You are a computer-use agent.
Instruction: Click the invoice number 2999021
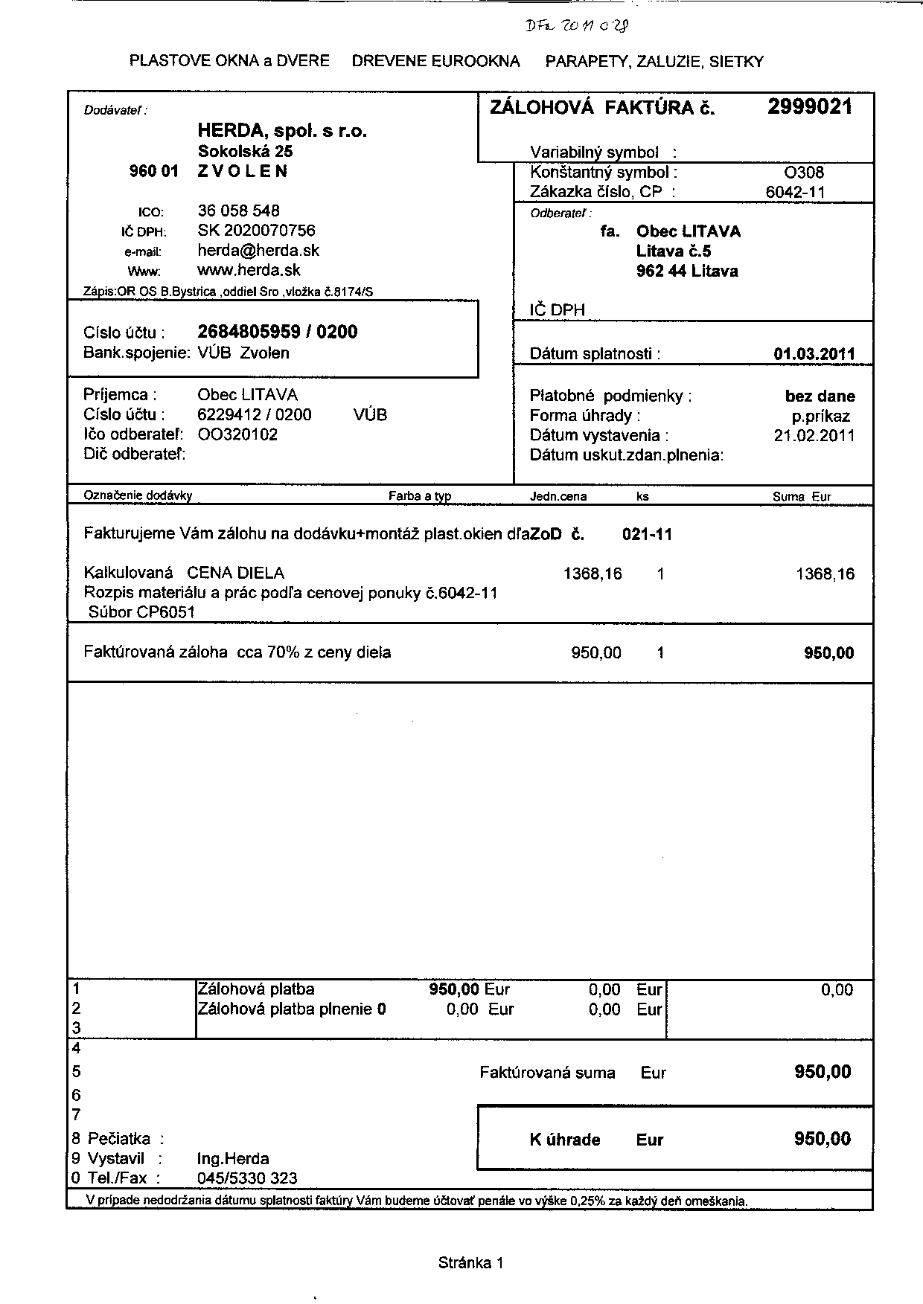(x=810, y=107)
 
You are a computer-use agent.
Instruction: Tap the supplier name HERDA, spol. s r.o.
(x=282, y=131)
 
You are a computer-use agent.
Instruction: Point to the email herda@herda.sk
(x=258, y=251)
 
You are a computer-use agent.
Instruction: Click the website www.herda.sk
(x=249, y=270)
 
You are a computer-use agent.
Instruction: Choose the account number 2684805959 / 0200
(x=277, y=332)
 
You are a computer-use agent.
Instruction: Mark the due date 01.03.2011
(x=814, y=354)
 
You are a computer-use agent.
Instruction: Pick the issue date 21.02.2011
(x=814, y=436)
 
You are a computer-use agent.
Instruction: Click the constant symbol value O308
(x=805, y=173)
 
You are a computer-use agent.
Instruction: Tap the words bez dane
(x=820, y=396)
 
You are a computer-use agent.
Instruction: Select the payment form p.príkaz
(x=821, y=417)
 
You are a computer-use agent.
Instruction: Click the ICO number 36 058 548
(x=238, y=211)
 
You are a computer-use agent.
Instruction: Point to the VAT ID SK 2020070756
(x=256, y=231)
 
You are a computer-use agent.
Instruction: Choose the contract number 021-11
(x=646, y=534)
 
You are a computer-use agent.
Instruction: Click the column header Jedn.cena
(x=558, y=496)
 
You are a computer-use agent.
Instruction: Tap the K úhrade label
(x=564, y=1140)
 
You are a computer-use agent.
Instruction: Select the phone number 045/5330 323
(x=247, y=1178)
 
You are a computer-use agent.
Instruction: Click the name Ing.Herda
(x=233, y=1159)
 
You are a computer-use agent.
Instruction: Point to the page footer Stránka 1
(x=471, y=1262)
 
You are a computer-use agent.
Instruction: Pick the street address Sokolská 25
(x=245, y=151)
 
